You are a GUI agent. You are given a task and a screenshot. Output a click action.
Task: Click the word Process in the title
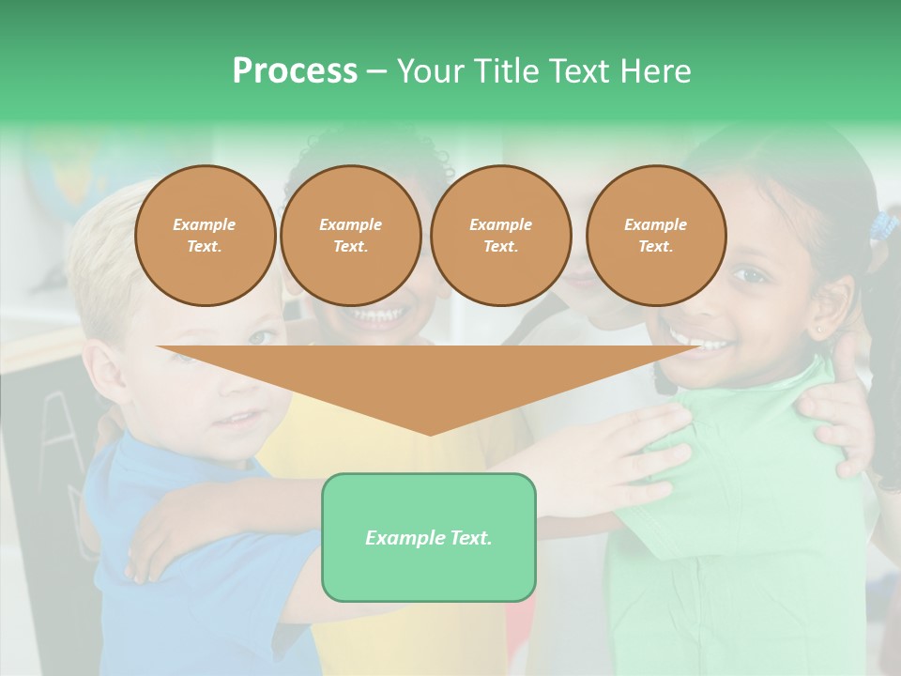[x=295, y=71]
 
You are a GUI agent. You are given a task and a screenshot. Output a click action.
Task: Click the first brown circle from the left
[x=205, y=235]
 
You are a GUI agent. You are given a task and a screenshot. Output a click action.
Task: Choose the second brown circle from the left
[x=350, y=235]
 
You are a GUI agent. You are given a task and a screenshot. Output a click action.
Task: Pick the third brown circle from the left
[x=500, y=235]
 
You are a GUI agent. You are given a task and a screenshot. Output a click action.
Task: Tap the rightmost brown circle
[x=655, y=235]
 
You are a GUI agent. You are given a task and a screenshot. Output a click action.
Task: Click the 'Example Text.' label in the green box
[x=428, y=538]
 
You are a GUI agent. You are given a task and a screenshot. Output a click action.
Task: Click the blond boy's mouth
[x=241, y=418]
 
